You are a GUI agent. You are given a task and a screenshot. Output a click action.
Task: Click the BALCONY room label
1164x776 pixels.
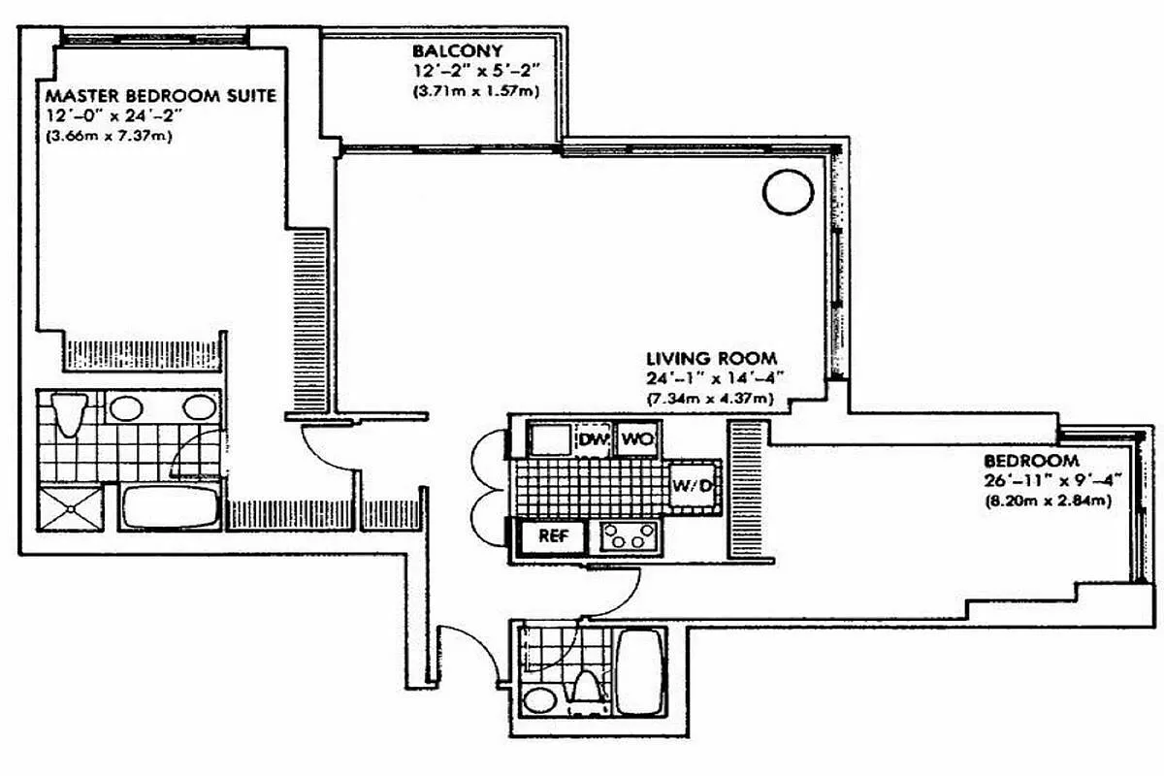[x=444, y=50]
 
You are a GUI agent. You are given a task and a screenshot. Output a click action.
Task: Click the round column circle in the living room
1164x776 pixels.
[x=788, y=191]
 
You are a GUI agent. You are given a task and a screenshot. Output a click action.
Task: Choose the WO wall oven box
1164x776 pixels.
[x=635, y=439]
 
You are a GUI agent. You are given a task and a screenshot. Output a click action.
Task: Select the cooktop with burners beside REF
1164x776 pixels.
[x=630, y=535]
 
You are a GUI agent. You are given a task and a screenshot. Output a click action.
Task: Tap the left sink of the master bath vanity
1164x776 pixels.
[x=126, y=406]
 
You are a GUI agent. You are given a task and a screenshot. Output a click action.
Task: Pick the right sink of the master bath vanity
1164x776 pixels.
[x=198, y=406]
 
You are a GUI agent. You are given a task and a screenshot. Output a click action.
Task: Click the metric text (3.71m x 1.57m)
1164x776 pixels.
[x=474, y=92]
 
